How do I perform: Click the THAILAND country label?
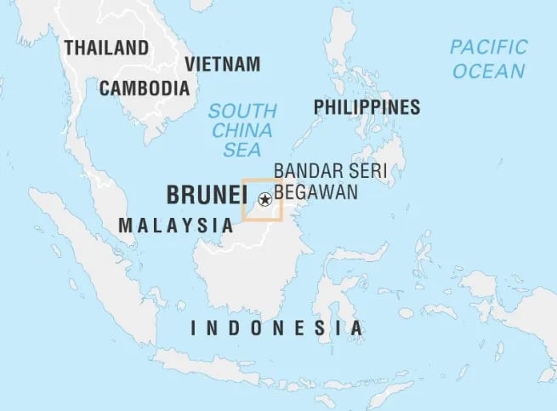tap(105, 48)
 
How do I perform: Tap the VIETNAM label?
tap(222, 65)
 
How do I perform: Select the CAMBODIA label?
tap(144, 88)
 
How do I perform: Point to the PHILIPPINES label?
tap(367, 106)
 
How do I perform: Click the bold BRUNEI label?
tap(201, 195)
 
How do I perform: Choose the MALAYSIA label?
tap(176, 225)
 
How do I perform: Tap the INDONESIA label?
tap(277, 328)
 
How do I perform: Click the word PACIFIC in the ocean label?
tap(488, 47)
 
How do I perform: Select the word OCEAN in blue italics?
tap(488, 71)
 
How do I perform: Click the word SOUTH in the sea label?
tap(243, 111)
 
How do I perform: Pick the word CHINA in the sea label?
tap(242, 130)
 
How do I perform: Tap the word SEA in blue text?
tap(242, 150)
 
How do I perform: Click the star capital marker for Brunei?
tap(264, 200)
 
